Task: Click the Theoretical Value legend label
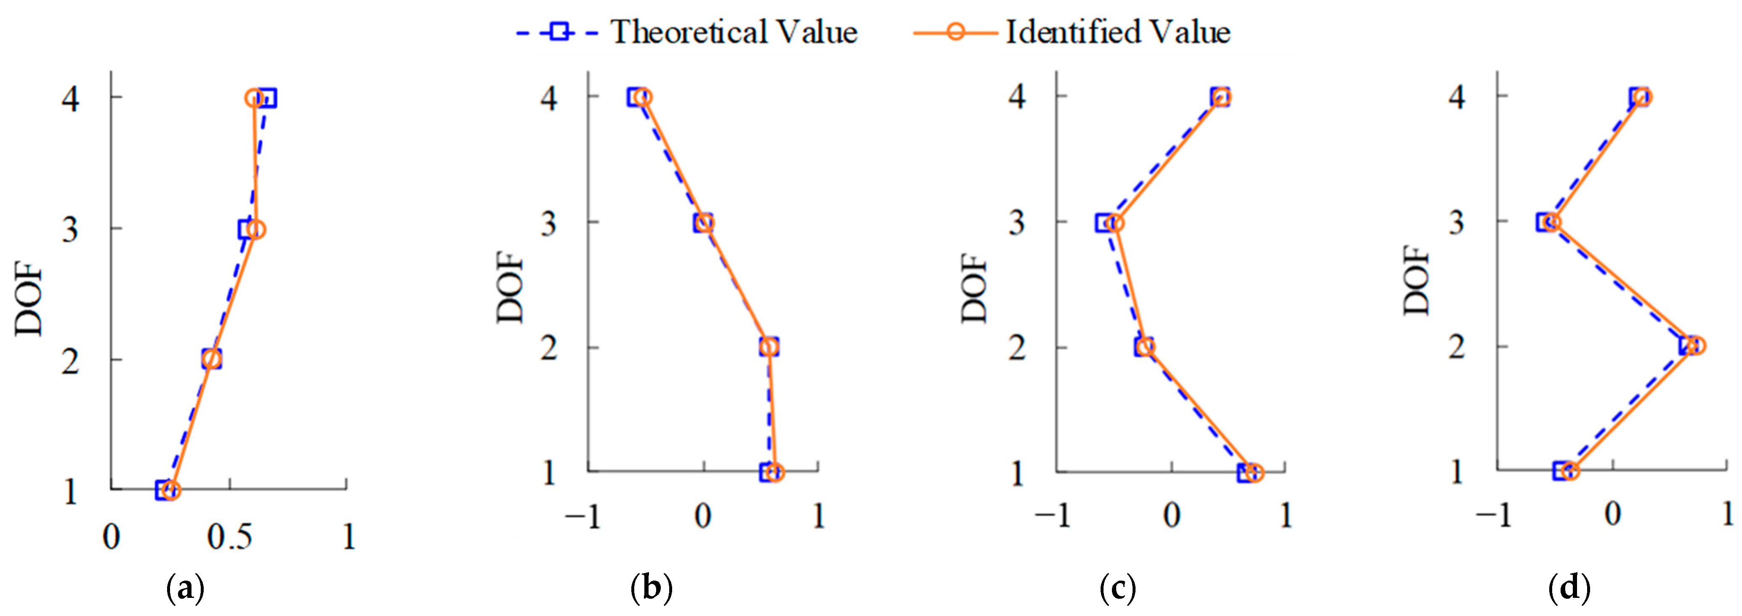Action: pyautogui.click(x=734, y=32)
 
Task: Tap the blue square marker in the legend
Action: pyautogui.click(x=559, y=32)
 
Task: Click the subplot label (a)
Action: pyautogui.click(x=185, y=588)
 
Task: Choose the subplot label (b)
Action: pyautogui.click(x=651, y=588)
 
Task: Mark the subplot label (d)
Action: pyautogui.click(x=1569, y=588)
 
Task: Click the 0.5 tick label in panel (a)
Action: pyautogui.click(x=229, y=538)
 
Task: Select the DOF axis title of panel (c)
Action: pyautogui.click(x=974, y=288)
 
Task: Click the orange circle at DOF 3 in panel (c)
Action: pyautogui.click(x=1116, y=223)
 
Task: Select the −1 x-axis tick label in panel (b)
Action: pyautogui.click(x=582, y=517)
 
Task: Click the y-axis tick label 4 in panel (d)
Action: pyautogui.click(x=1457, y=97)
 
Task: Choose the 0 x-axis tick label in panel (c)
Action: pyautogui.click(x=1172, y=517)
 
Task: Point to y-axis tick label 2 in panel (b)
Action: pyautogui.click(x=548, y=348)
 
